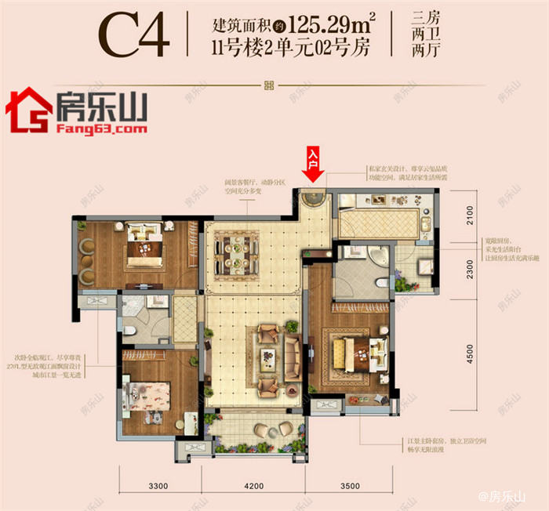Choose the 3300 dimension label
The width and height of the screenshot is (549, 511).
158,487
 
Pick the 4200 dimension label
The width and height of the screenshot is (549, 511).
253,487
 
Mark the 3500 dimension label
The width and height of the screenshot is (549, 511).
352,487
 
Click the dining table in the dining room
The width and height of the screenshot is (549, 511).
242,250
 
